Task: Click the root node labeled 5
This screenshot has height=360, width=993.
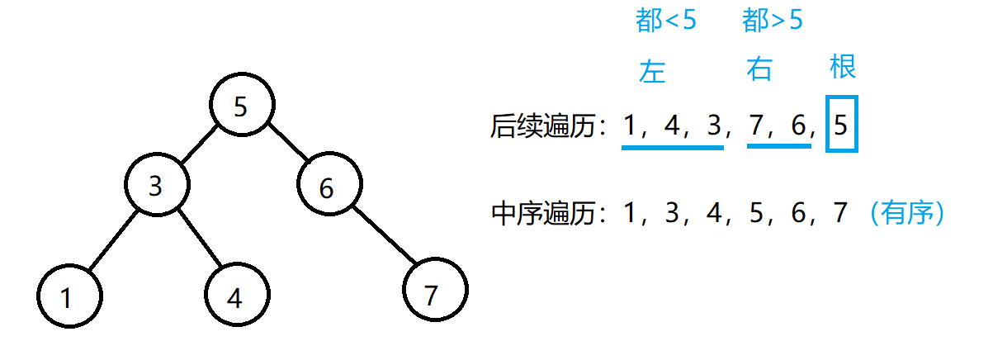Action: [x=241, y=107]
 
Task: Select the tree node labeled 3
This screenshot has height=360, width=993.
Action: [x=155, y=187]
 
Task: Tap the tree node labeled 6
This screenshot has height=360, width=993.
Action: [x=327, y=187]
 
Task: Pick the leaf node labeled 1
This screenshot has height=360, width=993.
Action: [x=69, y=296]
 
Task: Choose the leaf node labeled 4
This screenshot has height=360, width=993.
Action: [x=235, y=296]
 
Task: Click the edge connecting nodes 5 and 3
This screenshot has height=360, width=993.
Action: [x=198, y=146]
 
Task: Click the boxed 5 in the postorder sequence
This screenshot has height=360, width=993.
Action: [x=841, y=126]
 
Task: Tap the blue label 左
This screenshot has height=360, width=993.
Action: [x=652, y=72]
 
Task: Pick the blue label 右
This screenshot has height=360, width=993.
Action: [x=759, y=70]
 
